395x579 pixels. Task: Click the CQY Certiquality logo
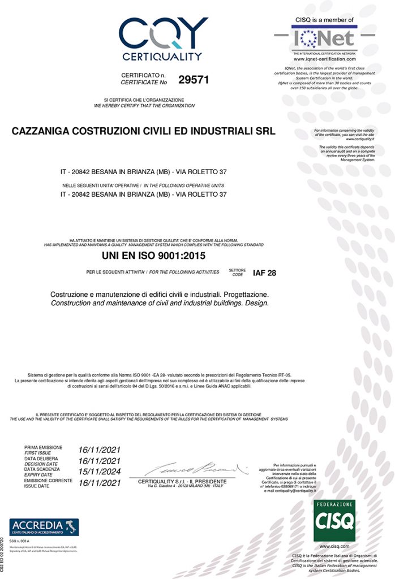pyautogui.click(x=163, y=38)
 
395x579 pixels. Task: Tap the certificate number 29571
pyautogui.click(x=194, y=80)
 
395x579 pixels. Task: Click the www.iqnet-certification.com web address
pyautogui.click(x=324, y=59)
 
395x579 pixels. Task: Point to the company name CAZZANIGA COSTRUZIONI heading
pyautogui.click(x=143, y=132)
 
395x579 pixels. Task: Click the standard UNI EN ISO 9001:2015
pyautogui.click(x=153, y=256)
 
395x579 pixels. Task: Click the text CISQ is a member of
pyautogui.click(x=324, y=19)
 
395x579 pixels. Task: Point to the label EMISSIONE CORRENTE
pyautogui.click(x=48, y=480)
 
